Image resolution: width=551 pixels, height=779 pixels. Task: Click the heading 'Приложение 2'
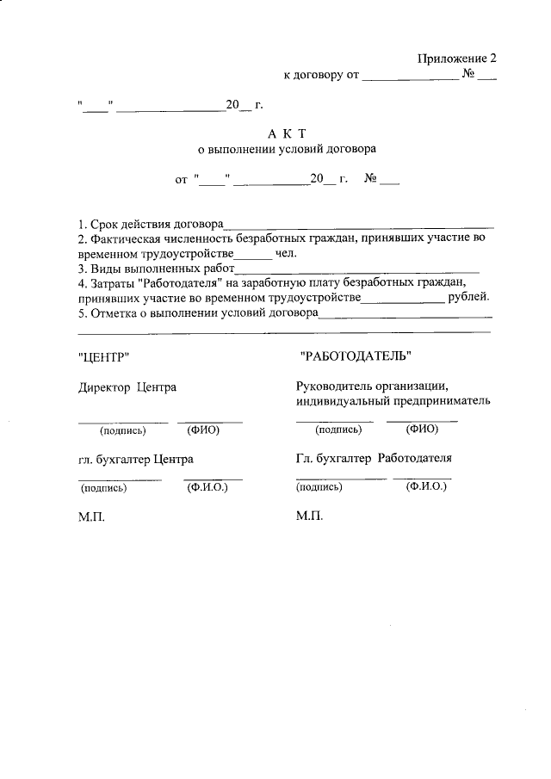[x=456, y=59]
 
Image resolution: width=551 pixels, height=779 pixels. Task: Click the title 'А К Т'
[x=287, y=133]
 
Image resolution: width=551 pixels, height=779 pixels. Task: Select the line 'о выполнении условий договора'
[x=287, y=148]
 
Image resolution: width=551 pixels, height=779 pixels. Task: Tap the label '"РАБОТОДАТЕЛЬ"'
[x=356, y=355]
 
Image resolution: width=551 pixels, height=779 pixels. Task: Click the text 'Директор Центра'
[x=127, y=386]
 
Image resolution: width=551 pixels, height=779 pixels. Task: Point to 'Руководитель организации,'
[x=373, y=386]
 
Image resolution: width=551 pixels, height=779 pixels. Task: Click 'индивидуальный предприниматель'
[x=393, y=400]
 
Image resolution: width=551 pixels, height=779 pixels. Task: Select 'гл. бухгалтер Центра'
[x=135, y=459]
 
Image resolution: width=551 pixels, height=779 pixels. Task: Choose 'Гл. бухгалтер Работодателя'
[x=373, y=458]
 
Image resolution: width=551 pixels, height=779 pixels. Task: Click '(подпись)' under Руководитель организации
[x=338, y=430]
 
